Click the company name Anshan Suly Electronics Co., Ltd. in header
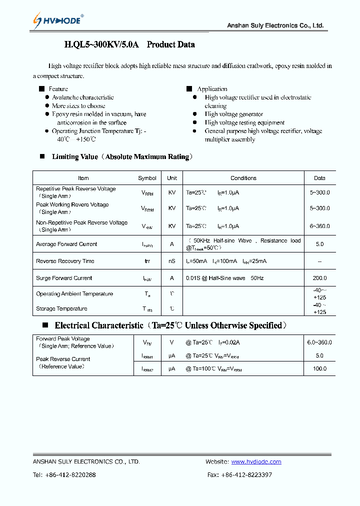(275, 25)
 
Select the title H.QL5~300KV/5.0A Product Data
(129, 45)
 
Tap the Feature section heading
(58, 89)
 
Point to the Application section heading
(212, 89)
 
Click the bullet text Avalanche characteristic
(83, 97)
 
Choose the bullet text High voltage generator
(233, 114)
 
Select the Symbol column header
(147, 178)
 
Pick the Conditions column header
(243, 178)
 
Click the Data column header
(319, 178)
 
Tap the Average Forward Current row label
(66, 244)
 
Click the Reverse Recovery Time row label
(65, 261)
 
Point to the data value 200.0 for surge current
(319, 278)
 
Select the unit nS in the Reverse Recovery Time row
(172, 261)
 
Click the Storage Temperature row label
(61, 309)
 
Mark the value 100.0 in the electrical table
(319, 368)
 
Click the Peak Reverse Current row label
(63, 359)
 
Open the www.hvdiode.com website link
(256, 462)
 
